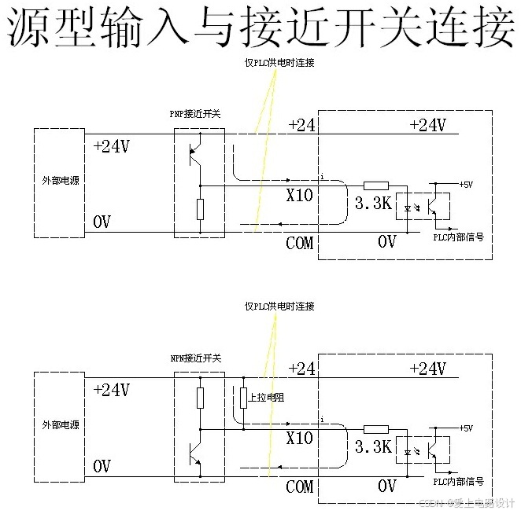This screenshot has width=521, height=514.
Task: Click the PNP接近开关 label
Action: (x=195, y=114)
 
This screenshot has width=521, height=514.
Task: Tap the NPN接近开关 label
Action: (x=196, y=358)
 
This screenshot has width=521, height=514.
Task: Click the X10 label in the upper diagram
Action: (x=300, y=195)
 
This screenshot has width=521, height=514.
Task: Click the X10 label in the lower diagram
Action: (x=300, y=439)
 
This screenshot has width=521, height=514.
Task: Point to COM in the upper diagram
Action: (x=299, y=243)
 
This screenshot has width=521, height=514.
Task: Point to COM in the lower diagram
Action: (x=299, y=487)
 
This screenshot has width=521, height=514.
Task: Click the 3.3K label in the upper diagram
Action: (x=373, y=204)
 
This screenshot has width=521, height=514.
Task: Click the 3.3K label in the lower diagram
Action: (x=373, y=447)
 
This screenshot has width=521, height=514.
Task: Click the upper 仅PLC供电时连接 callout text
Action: (x=279, y=63)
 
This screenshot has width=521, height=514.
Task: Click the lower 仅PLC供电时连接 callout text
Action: (x=279, y=307)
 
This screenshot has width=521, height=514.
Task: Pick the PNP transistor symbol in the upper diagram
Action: (x=197, y=152)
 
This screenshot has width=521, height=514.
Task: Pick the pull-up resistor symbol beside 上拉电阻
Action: (x=243, y=398)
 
